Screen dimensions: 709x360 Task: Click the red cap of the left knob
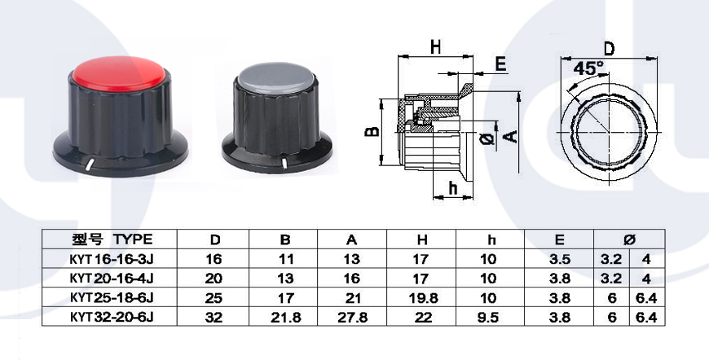pyautogui.click(x=119, y=73)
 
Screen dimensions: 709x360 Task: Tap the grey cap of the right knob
pyautogui.click(x=275, y=77)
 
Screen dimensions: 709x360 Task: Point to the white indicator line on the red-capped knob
pyautogui.click(x=90, y=165)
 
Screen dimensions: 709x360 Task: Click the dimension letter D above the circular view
pyautogui.click(x=609, y=48)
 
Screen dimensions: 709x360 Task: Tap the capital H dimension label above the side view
pyautogui.click(x=435, y=47)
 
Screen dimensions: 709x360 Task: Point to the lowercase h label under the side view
pyautogui.click(x=452, y=189)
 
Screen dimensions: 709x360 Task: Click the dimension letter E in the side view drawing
pyautogui.click(x=500, y=64)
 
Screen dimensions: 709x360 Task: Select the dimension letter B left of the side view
pyautogui.click(x=372, y=131)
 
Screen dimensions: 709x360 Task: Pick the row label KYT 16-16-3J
pyautogui.click(x=114, y=259)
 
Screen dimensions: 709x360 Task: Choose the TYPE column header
pyautogui.click(x=133, y=239)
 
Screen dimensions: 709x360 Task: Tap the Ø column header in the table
pyautogui.click(x=629, y=239)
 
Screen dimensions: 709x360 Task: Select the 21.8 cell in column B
pyautogui.click(x=285, y=318)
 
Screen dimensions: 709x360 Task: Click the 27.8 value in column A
pyautogui.click(x=352, y=318)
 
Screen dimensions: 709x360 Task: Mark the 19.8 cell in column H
pyautogui.click(x=421, y=298)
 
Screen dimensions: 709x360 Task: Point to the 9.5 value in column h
pyautogui.click(x=489, y=318)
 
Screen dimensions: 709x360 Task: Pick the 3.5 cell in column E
pyautogui.click(x=560, y=259)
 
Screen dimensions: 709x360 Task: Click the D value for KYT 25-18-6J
pyautogui.click(x=214, y=298)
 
